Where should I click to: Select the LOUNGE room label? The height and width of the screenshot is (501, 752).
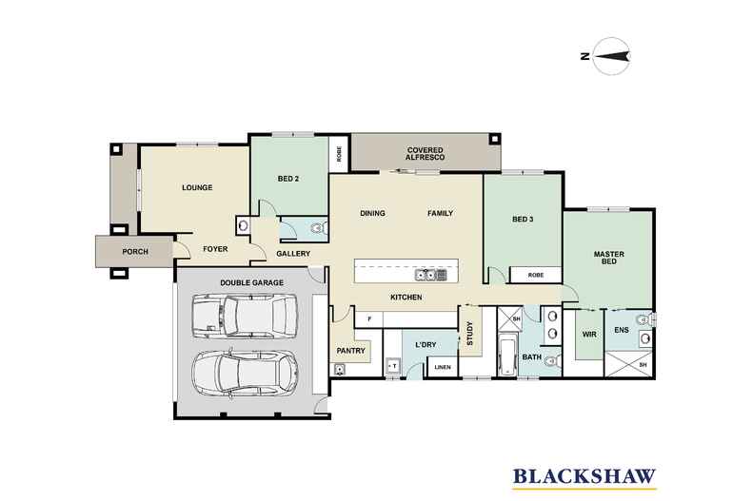[x=197, y=187]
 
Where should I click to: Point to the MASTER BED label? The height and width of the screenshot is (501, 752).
[x=608, y=259]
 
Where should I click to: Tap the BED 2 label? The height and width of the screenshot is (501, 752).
[x=289, y=179]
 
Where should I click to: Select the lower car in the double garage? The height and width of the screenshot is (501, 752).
[x=241, y=374]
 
